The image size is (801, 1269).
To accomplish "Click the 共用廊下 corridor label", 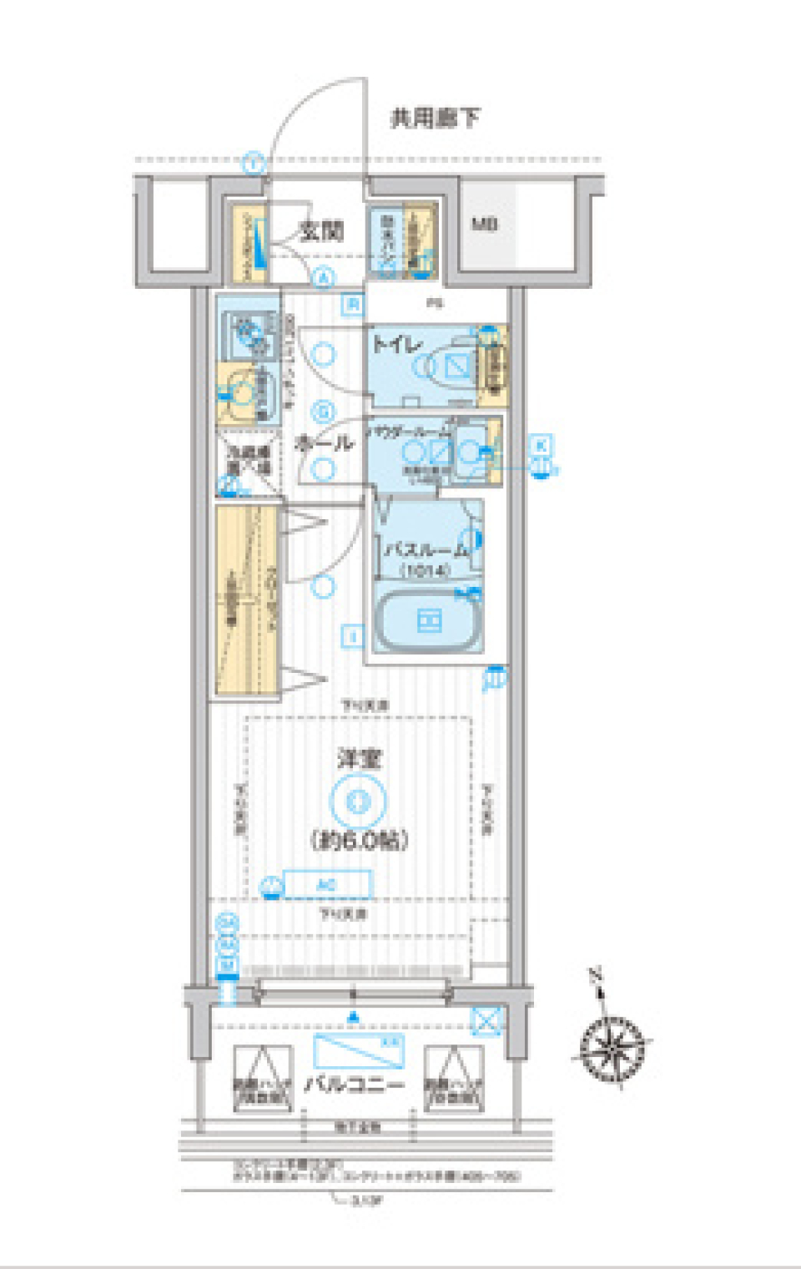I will (435, 118).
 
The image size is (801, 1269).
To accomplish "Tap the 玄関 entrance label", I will (321, 230).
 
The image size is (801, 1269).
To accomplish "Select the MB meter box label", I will (485, 224).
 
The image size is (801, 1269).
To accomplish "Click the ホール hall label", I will (325, 442).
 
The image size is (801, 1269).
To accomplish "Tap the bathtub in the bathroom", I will (429, 621).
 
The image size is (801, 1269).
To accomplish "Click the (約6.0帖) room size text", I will (360, 839).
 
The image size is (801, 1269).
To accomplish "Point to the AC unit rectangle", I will (326, 884).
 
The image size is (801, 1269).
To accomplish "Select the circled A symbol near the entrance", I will (324, 278).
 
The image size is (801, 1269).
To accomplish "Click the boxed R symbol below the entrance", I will (353, 305).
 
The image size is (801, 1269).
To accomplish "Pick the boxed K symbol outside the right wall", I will (542, 445).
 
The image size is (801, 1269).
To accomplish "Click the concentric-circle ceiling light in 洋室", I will (359, 801).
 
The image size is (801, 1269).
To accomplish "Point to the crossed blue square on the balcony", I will (486, 1020).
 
